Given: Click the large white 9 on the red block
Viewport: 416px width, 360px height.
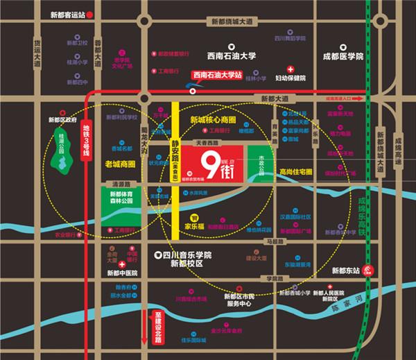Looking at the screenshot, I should pyautogui.click(x=206, y=165).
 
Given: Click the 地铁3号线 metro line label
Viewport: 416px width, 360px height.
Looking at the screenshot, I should pyautogui.click(x=87, y=142).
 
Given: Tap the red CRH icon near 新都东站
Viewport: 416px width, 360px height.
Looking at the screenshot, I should pyautogui.click(x=370, y=271).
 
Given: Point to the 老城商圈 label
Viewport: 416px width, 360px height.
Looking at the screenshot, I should pyautogui.click(x=120, y=164).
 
